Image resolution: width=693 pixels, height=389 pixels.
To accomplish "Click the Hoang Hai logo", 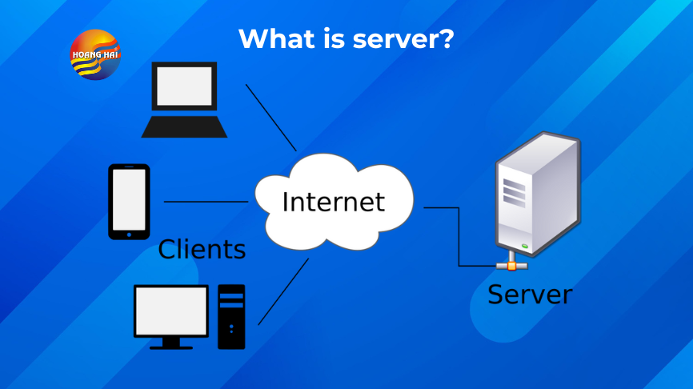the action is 95,54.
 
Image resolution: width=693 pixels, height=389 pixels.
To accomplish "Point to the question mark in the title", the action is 447,38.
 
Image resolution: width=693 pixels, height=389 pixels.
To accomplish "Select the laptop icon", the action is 184,99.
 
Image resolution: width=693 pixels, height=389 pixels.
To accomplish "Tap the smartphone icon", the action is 129,202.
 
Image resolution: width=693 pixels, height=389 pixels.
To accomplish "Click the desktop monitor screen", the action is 171,311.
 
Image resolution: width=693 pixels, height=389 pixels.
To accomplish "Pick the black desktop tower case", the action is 231,316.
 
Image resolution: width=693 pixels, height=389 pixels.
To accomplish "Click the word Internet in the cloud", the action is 333,202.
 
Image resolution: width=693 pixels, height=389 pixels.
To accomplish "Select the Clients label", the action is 202,249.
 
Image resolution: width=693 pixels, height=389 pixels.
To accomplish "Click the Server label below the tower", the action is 530,295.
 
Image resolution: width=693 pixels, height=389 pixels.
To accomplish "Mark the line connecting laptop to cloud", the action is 271,118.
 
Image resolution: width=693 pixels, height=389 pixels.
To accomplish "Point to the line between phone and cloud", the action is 206,202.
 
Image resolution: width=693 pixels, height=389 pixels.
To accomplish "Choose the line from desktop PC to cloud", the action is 283,291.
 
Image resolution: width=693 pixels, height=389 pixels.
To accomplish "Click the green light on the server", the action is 525,246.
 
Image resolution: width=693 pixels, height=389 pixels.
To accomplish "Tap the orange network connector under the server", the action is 512,266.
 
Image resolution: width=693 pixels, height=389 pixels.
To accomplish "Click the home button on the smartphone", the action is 129,235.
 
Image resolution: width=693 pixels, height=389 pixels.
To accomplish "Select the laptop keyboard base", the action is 184,127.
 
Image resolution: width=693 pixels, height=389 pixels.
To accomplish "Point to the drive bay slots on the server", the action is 514,193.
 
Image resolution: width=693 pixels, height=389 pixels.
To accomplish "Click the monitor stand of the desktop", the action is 171,343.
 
